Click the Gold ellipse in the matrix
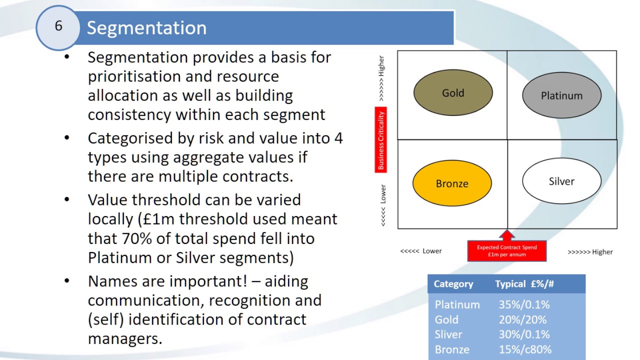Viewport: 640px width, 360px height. pyautogui.click(x=453, y=93)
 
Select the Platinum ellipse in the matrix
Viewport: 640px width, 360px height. pyautogui.click(x=561, y=95)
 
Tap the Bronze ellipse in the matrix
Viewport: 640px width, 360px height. pyautogui.click(x=452, y=183)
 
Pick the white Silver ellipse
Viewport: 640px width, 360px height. pyautogui.click(x=561, y=181)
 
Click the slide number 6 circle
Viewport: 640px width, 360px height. pyautogui.click(x=58, y=26)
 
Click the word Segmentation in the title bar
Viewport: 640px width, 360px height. pyautogui.click(x=146, y=28)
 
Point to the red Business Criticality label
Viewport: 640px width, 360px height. pyautogui.click(x=381, y=140)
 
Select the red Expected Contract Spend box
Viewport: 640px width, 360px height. pyautogui.click(x=506, y=251)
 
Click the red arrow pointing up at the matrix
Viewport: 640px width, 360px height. pyautogui.click(x=507, y=234)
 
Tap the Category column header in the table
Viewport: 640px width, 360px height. pyautogui.click(x=453, y=284)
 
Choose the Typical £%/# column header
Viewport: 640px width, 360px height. pyautogui.click(x=524, y=284)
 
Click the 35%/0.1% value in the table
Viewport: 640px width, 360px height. pyautogui.click(x=524, y=304)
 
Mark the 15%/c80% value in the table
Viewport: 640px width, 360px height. pyautogui.click(x=525, y=349)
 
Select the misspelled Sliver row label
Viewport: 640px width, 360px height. pyautogui.click(x=448, y=334)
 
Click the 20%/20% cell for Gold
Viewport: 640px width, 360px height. pyautogui.click(x=522, y=319)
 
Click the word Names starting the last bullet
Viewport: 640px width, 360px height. pyautogui.click(x=113, y=281)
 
